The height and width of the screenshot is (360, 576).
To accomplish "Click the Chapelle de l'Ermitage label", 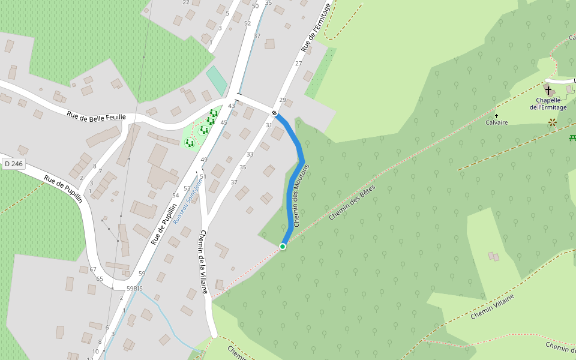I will click(x=548, y=104).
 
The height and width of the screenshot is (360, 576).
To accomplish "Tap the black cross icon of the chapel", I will click(x=548, y=90).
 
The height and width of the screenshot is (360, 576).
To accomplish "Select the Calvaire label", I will click(x=497, y=122).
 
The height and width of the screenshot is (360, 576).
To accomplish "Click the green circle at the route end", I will click(x=283, y=246).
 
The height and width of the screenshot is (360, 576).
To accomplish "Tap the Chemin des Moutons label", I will click(x=301, y=195).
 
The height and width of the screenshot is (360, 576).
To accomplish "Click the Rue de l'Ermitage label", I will click(x=316, y=28).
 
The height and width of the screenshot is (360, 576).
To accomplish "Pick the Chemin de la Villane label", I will click(x=203, y=262).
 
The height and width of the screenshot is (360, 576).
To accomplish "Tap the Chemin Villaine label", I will click(x=493, y=307).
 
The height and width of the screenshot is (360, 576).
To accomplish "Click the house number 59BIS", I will click(x=134, y=289).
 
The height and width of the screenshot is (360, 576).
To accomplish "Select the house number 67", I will click(x=92, y=269).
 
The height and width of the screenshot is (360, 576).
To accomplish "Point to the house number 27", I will click(x=298, y=63).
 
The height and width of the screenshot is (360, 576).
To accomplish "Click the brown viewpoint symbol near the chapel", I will click(x=552, y=122).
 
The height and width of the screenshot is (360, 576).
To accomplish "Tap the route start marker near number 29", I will click(x=275, y=113).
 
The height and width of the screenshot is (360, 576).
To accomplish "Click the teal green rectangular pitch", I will click(x=217, y=80).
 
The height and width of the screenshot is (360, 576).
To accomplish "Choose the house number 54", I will click(x=176, y=196).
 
